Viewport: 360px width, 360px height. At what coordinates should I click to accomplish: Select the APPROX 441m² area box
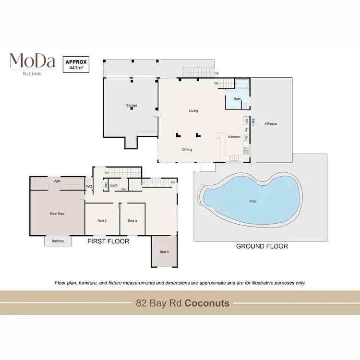[76, 64]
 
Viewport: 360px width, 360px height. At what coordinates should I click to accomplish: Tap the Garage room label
[131, 105]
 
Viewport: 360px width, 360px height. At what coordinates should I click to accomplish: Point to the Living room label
[193, 110]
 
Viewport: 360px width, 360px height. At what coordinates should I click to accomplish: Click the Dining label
[187, 149]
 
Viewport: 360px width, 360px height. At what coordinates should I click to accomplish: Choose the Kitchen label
[234, 137]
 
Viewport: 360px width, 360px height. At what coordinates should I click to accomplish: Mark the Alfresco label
[271, 124]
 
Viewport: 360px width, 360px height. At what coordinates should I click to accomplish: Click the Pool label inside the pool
[252, 201]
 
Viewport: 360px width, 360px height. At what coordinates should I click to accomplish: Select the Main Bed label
[57, 213]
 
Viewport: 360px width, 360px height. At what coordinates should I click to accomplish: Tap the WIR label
[57, 181]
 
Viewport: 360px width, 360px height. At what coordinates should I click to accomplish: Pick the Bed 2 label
[102, 221]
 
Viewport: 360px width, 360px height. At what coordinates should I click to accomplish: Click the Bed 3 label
[132, 221]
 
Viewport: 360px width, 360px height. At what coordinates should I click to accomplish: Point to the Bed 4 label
[164, 252]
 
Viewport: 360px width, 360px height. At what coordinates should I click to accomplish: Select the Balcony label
[58, 241]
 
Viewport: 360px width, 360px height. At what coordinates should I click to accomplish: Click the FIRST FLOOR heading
[108, 241]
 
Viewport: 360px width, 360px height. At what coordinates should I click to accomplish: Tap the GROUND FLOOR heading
[262, 246]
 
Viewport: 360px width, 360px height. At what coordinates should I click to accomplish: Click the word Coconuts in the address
[207, 303]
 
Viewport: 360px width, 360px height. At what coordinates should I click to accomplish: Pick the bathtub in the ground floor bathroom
[242, 85]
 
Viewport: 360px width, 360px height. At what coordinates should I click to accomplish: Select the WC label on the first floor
[89, 186]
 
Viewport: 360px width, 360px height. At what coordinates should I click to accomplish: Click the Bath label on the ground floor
[237, 99]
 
